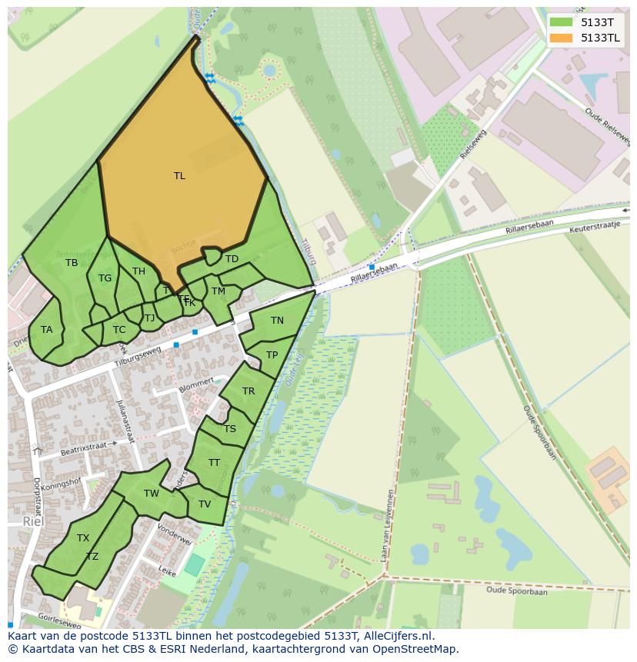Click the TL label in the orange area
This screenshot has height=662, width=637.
click(x=179, y=176)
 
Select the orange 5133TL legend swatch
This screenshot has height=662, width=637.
click(x=562, y=38)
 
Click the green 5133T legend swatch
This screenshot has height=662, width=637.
click(x=562, y=22)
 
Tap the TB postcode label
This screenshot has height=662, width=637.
click(x=72, y=263)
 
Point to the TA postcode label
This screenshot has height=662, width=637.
click(x=47, y=330)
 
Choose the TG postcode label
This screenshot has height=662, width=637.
click(x=105, y=278)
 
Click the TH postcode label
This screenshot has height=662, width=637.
click(x=138, y=271)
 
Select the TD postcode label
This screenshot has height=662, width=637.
click(x=232, y=259)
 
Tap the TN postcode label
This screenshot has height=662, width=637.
click(x=277, y=321)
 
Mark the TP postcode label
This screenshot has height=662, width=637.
click(x=272, y=355)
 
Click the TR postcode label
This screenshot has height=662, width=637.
click(x=248, y=391)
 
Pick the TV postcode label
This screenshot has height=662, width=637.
click(x=205, y=504)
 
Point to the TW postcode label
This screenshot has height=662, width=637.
click(x=152, y=494)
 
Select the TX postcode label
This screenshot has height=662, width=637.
click(x=83, y=538)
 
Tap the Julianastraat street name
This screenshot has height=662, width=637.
click(x=125, y=421)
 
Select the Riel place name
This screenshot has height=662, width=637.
click(x=33, y=521)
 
